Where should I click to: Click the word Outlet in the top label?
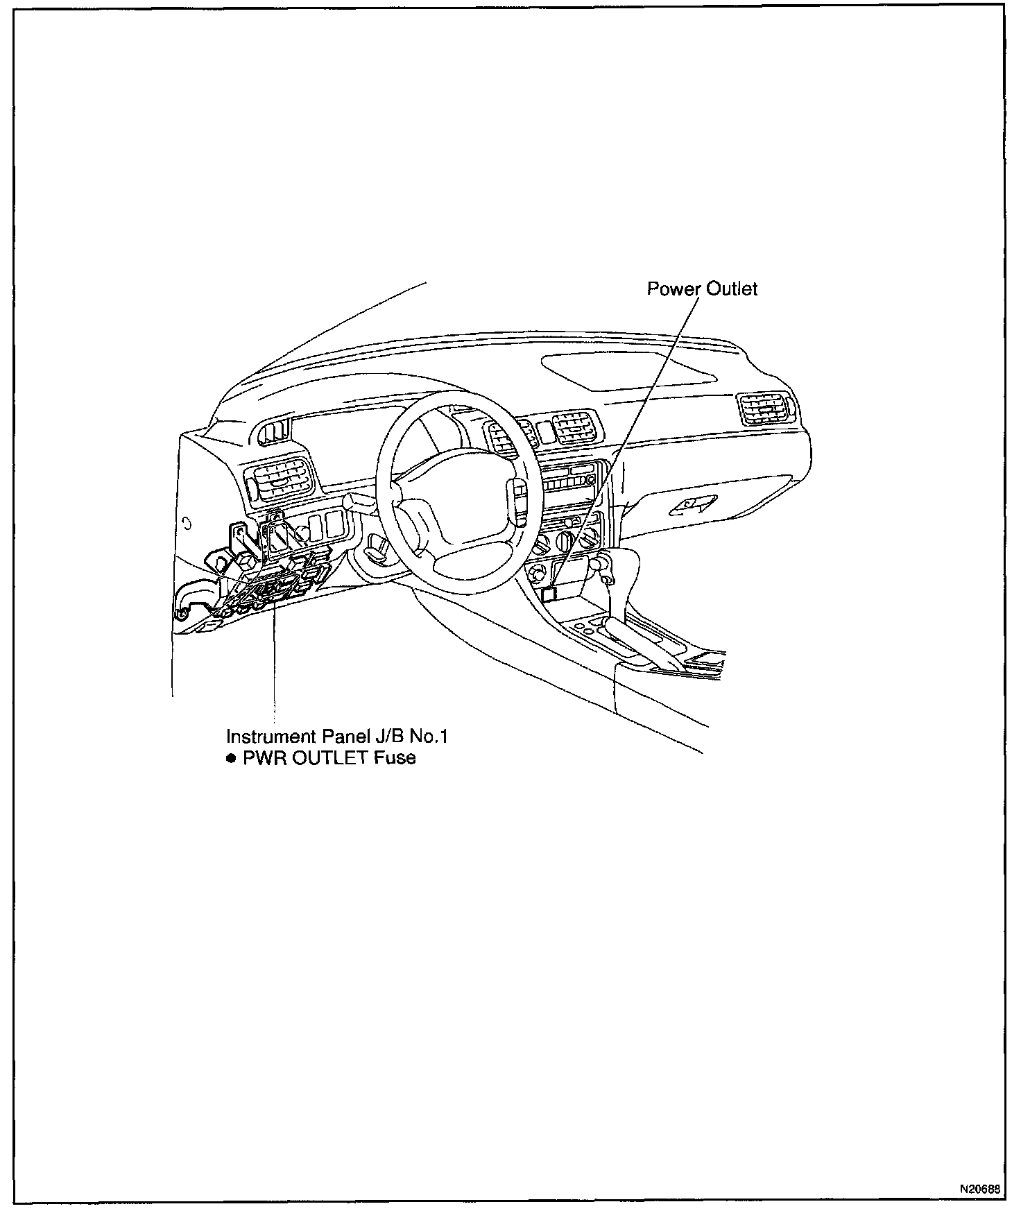(x=732, y=289)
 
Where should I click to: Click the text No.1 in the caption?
(x=430, y=736)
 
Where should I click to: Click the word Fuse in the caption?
(x=395, y=757)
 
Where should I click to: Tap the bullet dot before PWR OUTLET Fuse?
(x=231, y=758)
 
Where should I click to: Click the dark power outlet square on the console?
(x=549, y=593)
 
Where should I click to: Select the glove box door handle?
(x=692, y=506)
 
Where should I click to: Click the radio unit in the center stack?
(x=569, y=479)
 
